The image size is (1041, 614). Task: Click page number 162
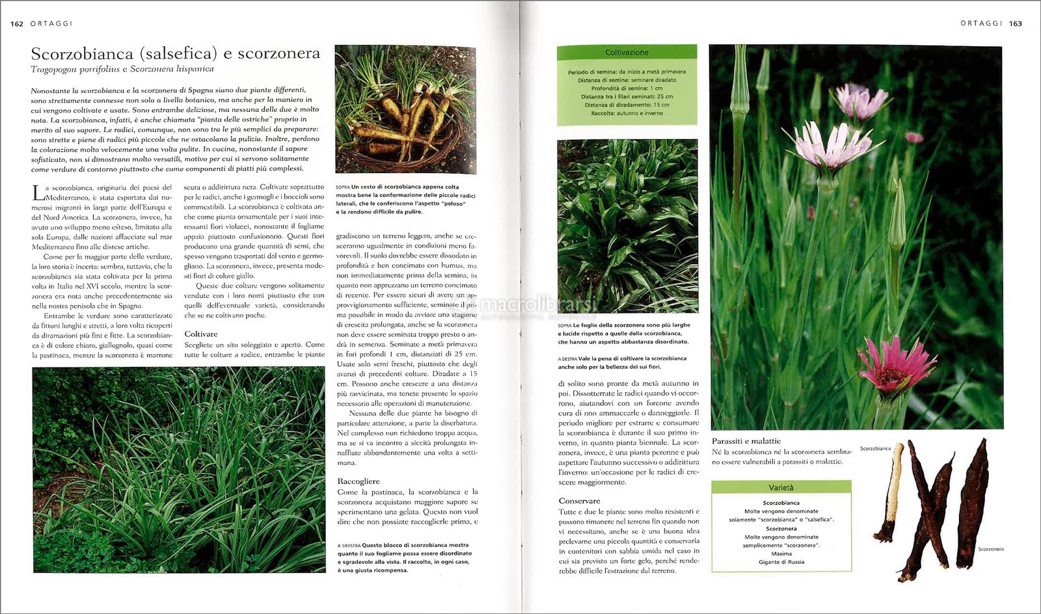(17, 23)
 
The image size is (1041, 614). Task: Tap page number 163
(1016, 23)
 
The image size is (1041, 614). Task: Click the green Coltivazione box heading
(627, 52)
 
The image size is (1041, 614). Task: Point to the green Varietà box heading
(781, 487)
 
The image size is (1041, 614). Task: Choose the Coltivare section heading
(201, 334)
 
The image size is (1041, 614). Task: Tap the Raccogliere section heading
(358, 481)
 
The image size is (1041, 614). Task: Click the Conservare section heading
(579, 501)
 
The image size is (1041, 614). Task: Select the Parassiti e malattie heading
(746, 441)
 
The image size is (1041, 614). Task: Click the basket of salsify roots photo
(405, 109)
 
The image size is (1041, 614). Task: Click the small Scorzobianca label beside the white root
(875, 448)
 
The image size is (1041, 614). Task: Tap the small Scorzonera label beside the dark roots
(991, 549)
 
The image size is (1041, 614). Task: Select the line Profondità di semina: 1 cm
(627, 88)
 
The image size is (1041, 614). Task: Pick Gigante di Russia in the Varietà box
(781, 562)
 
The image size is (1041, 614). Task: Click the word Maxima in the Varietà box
(781, 554)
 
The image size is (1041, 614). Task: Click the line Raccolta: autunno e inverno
(627, 113)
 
